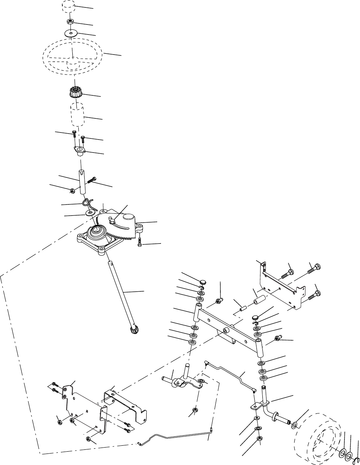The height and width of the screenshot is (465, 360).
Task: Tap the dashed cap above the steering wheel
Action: click(69, 7)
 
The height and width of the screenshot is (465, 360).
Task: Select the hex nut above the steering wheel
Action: click(71, 22)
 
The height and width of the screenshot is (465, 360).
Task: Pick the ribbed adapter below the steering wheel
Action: click(75, 91)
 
